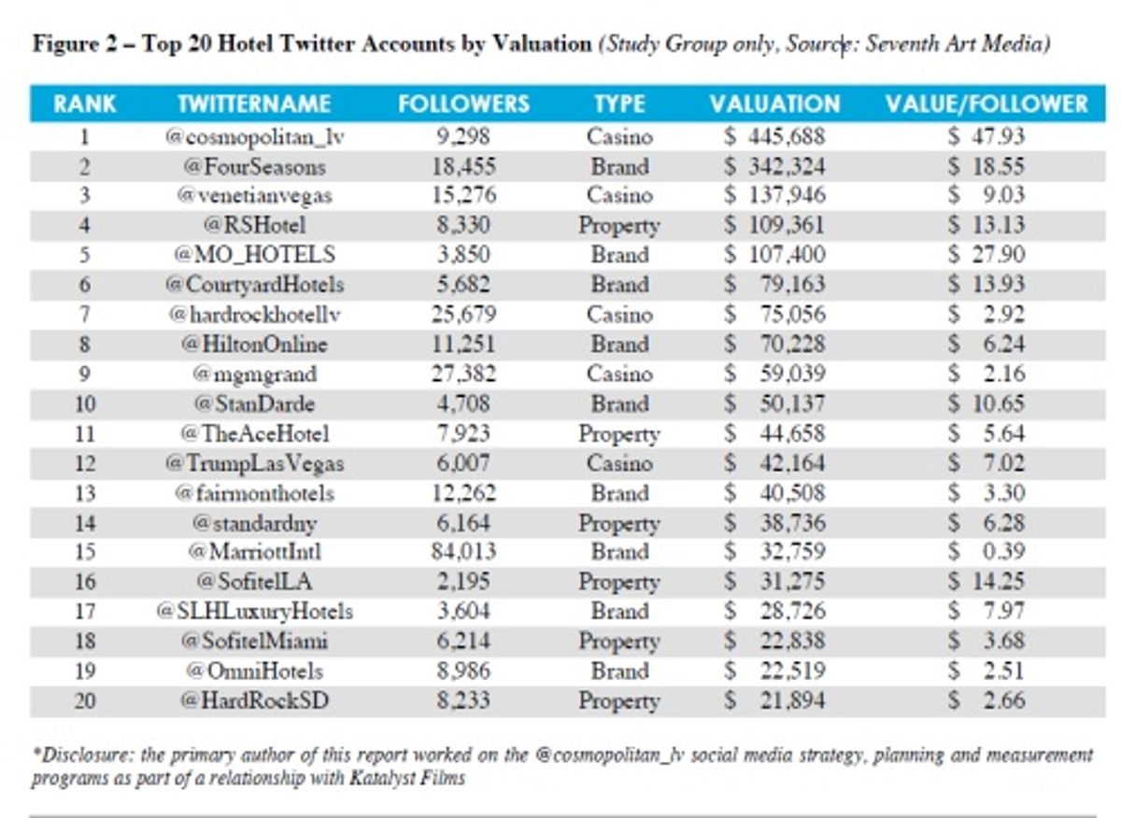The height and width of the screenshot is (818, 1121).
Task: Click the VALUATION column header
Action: [774, 104]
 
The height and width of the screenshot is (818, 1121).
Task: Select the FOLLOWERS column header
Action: [463, 104]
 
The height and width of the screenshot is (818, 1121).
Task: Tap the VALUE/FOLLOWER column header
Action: [986, 104]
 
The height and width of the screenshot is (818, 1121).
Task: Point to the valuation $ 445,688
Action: [774, 136]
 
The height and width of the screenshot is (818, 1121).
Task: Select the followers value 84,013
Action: [463, 552]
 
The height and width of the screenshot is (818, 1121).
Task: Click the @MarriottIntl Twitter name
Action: [255, 552]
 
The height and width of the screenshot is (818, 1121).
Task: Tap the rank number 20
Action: [85, 701]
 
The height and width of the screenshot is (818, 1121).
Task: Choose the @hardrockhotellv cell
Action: [255, 315]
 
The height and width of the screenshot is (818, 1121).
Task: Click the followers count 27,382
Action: [463, 374]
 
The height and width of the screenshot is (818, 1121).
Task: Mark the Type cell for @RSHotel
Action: [619, 225]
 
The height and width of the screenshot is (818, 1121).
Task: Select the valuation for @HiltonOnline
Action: [774, 345]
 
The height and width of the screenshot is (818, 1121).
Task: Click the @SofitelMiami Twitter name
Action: [255, 642]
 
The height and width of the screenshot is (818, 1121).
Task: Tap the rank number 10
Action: [85, 403]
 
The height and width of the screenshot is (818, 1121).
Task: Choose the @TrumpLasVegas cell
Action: [255, 463]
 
